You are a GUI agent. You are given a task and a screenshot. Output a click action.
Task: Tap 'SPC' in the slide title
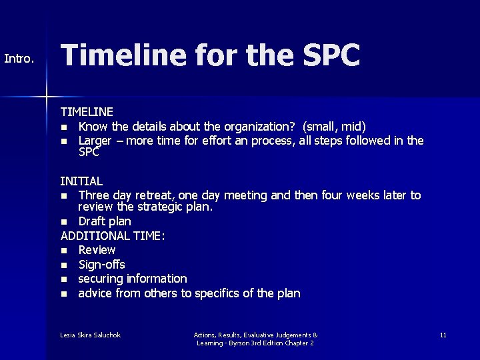pyautogui.click(x=327, y=56)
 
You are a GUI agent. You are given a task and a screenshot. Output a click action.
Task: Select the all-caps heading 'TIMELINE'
pyautogui.click(x=87, y=112)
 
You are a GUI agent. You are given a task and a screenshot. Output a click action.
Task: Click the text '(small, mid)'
pyautogui.click(x=335, y=126)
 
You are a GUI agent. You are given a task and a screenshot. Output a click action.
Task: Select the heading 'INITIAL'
pyautogui.click(x=81, y=181)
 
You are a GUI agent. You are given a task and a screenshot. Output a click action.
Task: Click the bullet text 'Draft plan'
pyautogui.click(x=105, y=221)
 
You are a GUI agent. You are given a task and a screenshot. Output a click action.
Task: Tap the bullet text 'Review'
pyautogui.click(x=97, y=250)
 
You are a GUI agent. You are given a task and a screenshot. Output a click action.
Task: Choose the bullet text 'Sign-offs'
pyautogui.click(x=101, y=265)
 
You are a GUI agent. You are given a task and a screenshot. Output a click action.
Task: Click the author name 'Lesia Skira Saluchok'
pyautogui.click(x=91, y=334)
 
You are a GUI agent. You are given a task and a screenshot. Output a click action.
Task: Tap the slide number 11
pyautogui.click(x=443, y=334)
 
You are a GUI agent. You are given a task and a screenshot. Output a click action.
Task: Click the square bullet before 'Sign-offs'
pyautogui.click(x=64, y=265)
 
